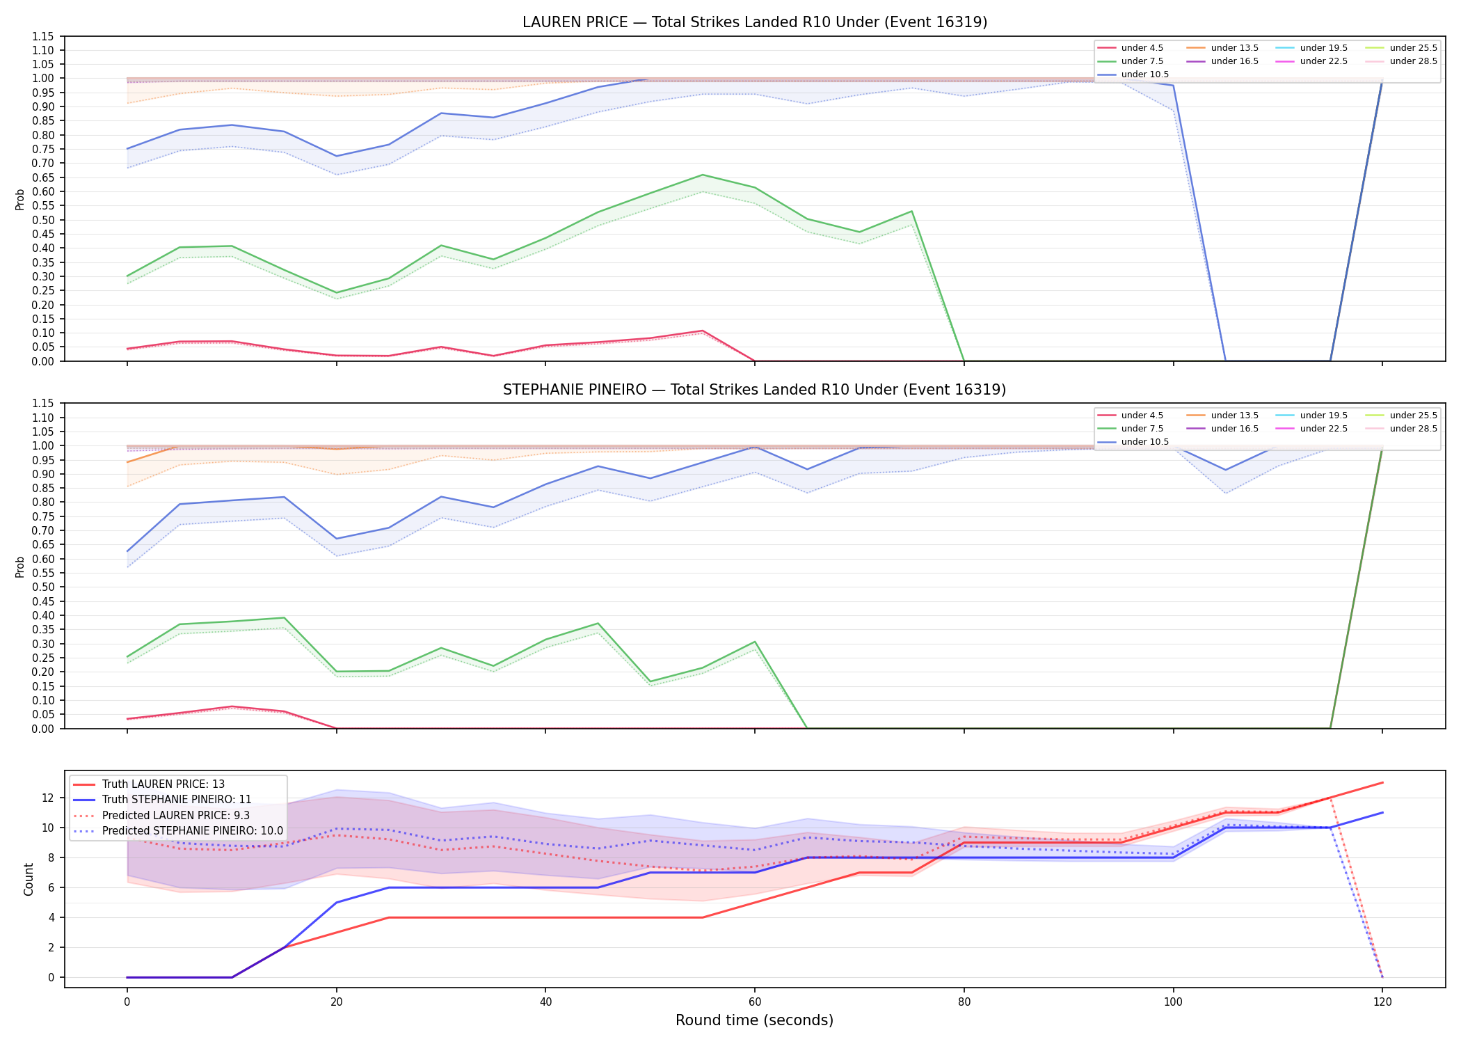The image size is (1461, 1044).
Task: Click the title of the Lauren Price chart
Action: coord(755,22)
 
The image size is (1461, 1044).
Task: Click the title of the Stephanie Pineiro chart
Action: coord(755,390)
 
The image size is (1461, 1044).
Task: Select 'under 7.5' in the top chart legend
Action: coord(1142,61)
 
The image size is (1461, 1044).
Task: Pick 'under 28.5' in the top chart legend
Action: coord(1413,61)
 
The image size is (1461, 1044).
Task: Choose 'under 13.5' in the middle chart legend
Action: coord(1234,416)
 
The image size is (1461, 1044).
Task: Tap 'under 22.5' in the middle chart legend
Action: coord(1323,429)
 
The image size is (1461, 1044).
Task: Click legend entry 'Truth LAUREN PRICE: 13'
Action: coord(163,784)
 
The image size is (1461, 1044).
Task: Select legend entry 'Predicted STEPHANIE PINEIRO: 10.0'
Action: coord(193,831)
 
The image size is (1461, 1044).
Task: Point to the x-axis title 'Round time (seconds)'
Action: coord(754,1020)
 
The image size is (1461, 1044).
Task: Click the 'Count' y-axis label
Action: coord(29,879)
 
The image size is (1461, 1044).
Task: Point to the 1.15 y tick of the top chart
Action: coord(43,36)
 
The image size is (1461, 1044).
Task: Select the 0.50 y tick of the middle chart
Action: coord(43,587)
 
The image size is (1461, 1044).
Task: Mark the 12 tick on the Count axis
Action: coord(49,798)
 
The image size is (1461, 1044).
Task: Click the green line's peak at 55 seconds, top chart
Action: coord(703,175)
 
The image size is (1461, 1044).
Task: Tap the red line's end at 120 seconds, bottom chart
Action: coord(1382,782)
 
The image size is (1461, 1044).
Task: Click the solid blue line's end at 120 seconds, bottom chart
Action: coord(1382,812)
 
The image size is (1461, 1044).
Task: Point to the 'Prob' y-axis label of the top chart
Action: coord(20,200)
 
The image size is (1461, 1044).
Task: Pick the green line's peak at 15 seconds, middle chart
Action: coord(284,618)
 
